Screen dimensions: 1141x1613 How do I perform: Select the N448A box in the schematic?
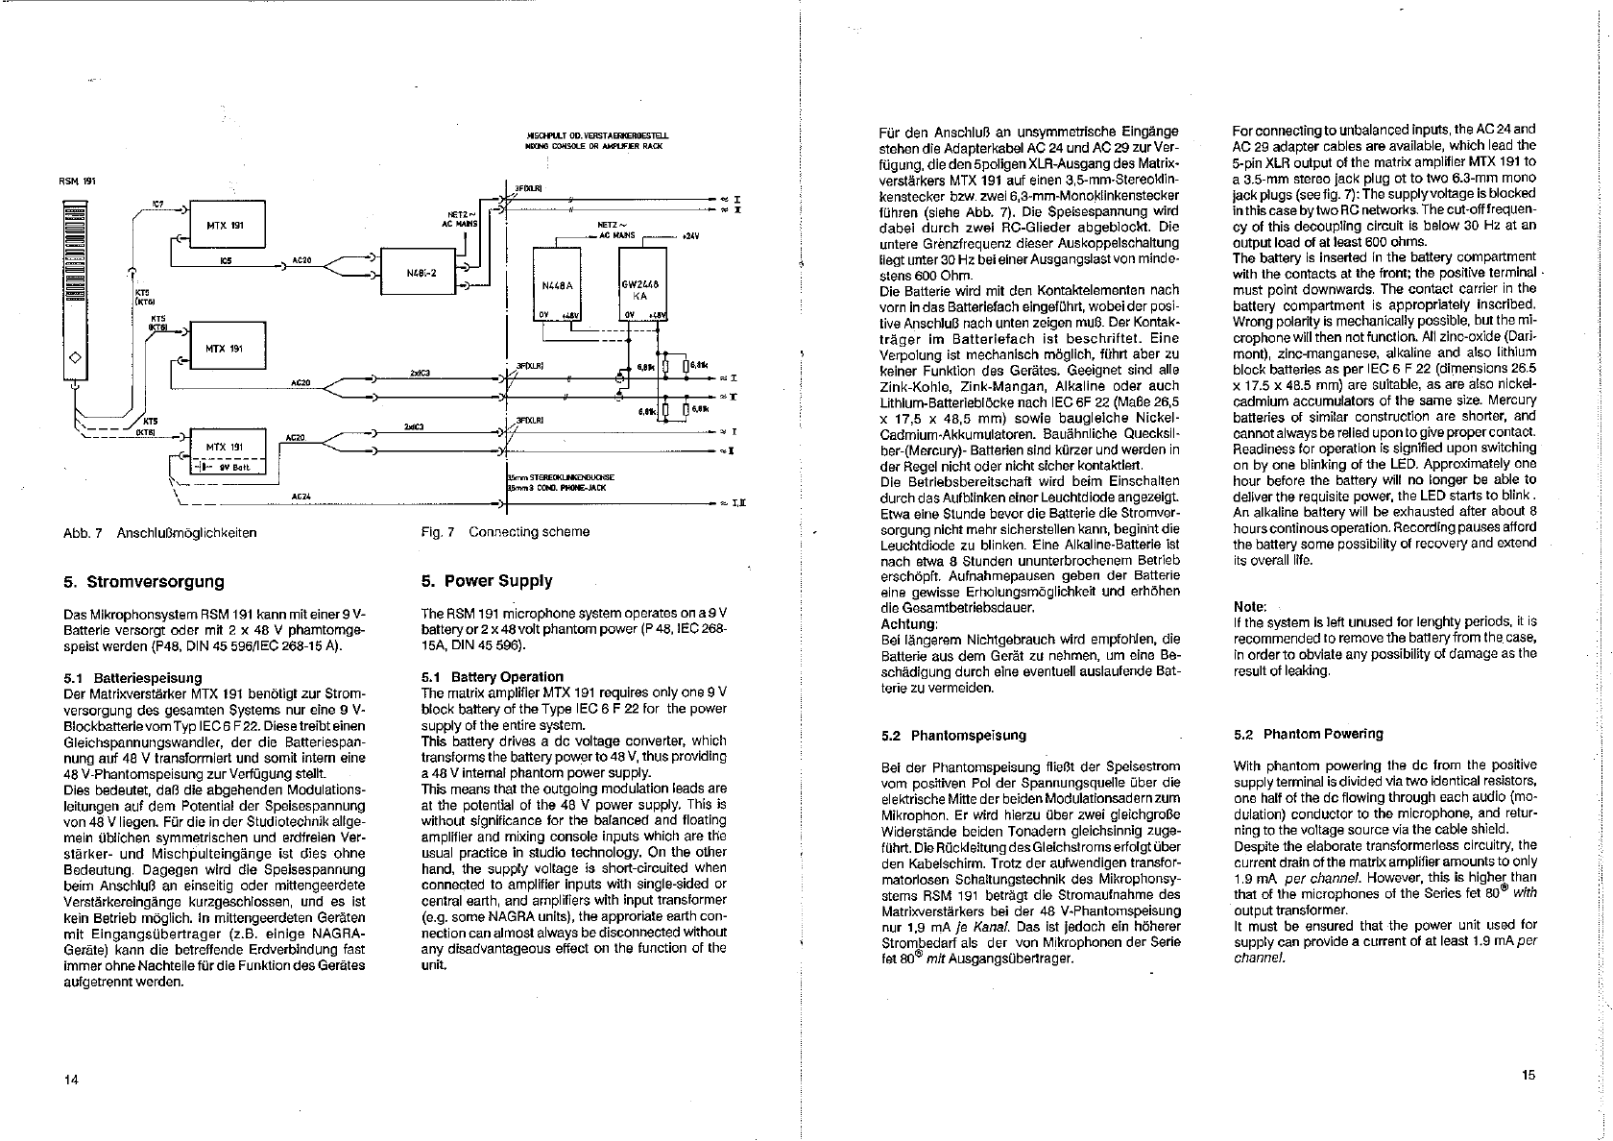[557, 284]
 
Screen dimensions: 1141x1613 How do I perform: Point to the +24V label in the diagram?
[688, 235]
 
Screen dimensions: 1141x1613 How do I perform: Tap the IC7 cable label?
[157, 204]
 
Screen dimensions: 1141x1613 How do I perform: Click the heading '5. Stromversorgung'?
[143, 582]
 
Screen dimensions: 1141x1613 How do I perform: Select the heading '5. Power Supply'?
[487, 581]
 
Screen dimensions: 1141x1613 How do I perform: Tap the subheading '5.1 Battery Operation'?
[493, 676]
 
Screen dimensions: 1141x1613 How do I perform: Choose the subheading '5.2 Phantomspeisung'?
[953, 736]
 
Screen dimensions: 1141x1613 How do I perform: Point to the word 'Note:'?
[1250, 607]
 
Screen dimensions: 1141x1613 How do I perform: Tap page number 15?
[1529, 1076]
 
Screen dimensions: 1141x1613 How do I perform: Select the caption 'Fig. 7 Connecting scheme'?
[505, 532]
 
